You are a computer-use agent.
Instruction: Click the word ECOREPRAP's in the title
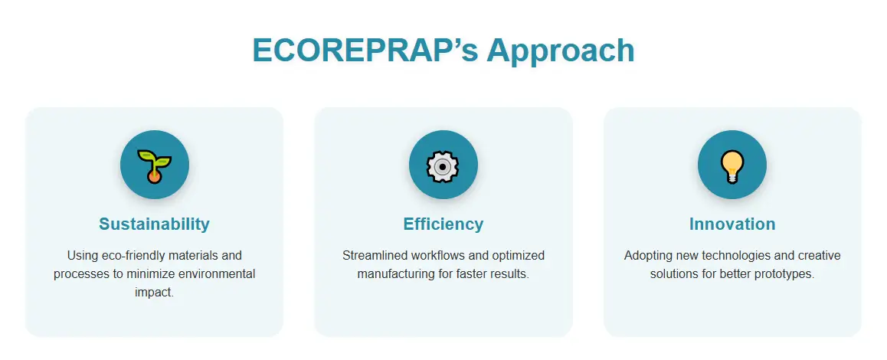click(x=365, y=51)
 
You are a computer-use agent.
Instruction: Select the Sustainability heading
click(x=155, y=224)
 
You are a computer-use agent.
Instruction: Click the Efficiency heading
click(x=443, y=224)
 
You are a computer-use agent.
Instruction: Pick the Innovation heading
click(x=732, y=224)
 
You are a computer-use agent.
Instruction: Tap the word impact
click(x=155, y=293)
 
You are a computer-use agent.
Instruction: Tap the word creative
click(x=819, y=256)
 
